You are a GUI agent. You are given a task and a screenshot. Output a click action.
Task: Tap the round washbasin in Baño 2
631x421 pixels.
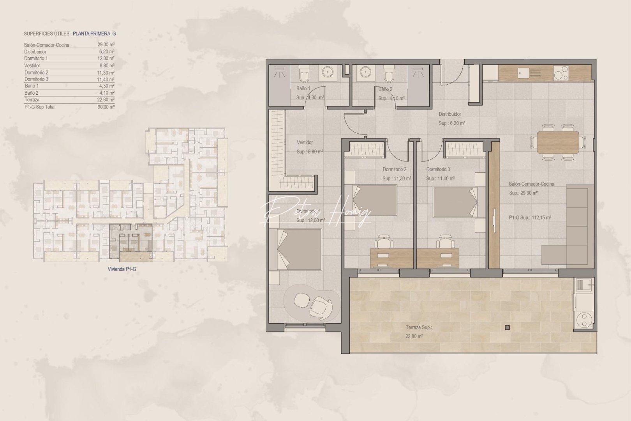coord(365,73)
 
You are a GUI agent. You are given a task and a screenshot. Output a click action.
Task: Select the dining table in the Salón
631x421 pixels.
coord(557,142)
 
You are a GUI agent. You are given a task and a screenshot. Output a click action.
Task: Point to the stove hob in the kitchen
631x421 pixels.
coord(560,73)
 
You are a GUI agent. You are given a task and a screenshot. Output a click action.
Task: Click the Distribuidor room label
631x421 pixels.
coord(450,114)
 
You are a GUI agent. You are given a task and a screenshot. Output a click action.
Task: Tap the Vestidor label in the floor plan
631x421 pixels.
coord(305,143)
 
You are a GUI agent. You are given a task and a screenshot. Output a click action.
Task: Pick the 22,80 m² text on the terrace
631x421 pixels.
coord(414,336)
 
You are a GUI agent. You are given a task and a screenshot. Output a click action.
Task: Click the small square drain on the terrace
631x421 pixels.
coord(507,327)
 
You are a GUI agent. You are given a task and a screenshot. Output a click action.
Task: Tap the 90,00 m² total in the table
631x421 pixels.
coord(106,107)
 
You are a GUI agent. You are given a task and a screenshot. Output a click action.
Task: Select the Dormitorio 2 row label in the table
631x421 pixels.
coord(36,73)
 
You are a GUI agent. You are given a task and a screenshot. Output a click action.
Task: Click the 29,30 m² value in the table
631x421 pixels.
coord(106,45)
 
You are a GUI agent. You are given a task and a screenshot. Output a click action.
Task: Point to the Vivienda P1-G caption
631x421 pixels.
coord(122,269)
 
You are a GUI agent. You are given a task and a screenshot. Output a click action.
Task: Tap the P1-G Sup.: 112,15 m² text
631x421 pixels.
coord(530,218)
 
